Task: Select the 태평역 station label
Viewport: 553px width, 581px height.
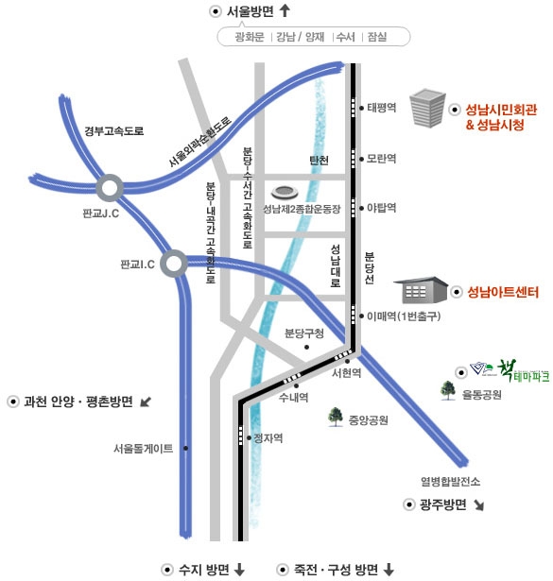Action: coord(381,108)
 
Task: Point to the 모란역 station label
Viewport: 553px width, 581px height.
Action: coord(381,159)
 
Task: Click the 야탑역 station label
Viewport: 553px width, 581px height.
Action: coord(381,208)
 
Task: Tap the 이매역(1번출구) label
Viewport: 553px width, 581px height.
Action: coord(404,316)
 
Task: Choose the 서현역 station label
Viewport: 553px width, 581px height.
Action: coord(347,373)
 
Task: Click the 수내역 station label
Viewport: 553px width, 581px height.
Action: coord(294,398)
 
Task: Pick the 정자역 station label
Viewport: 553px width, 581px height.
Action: coord(268,438)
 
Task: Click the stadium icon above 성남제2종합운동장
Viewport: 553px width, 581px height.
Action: coord(285,193)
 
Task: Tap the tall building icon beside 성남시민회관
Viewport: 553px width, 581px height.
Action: coord(427,108)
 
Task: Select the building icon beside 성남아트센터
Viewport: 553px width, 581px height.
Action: coord(421,290)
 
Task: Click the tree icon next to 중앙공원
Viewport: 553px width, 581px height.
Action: coord(336,417)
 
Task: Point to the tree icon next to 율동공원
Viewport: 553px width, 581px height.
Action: coord(448,390)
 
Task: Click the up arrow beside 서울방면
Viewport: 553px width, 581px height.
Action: coord(285,10)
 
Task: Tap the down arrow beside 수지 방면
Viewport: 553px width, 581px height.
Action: coord(239,569)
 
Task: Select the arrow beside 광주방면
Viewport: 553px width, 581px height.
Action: coord(479,505)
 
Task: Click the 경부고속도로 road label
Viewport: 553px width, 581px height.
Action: coord(114,130)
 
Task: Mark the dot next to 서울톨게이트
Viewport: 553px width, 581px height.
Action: coord(185,449)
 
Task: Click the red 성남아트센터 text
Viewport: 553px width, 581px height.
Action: coord(503,292)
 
